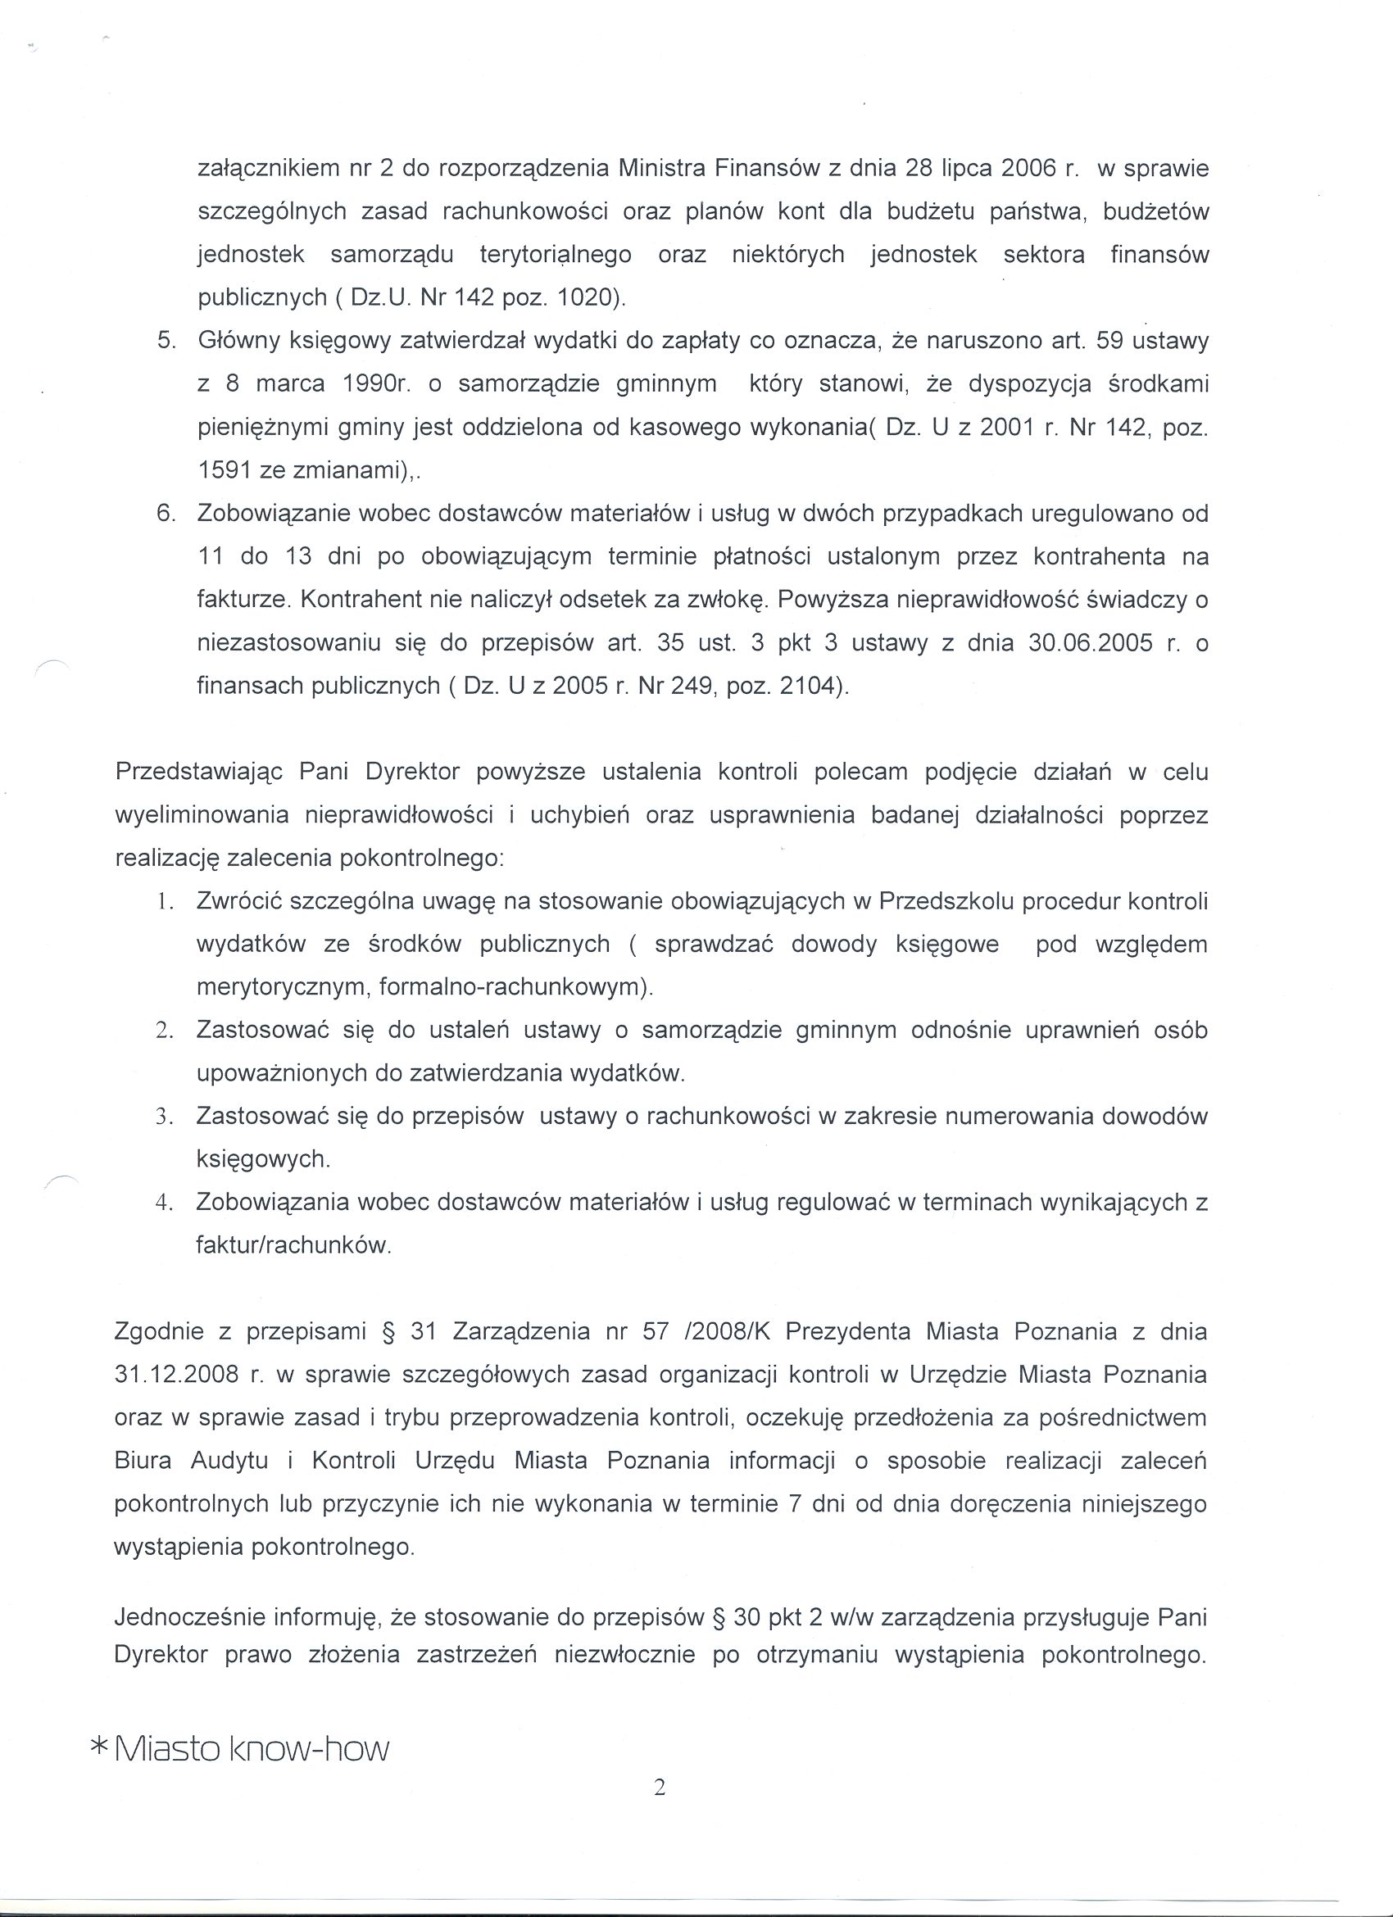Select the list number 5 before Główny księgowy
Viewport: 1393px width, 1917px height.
pyautogui.click(x=166, y=342)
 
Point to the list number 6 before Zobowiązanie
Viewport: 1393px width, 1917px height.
pyautogui.click(x=166, y=514)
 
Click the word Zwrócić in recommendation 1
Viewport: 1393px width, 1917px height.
pyautogui.click(x=239, y=902)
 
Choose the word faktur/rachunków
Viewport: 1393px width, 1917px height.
pyautogui.click(x=293, y=1246)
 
